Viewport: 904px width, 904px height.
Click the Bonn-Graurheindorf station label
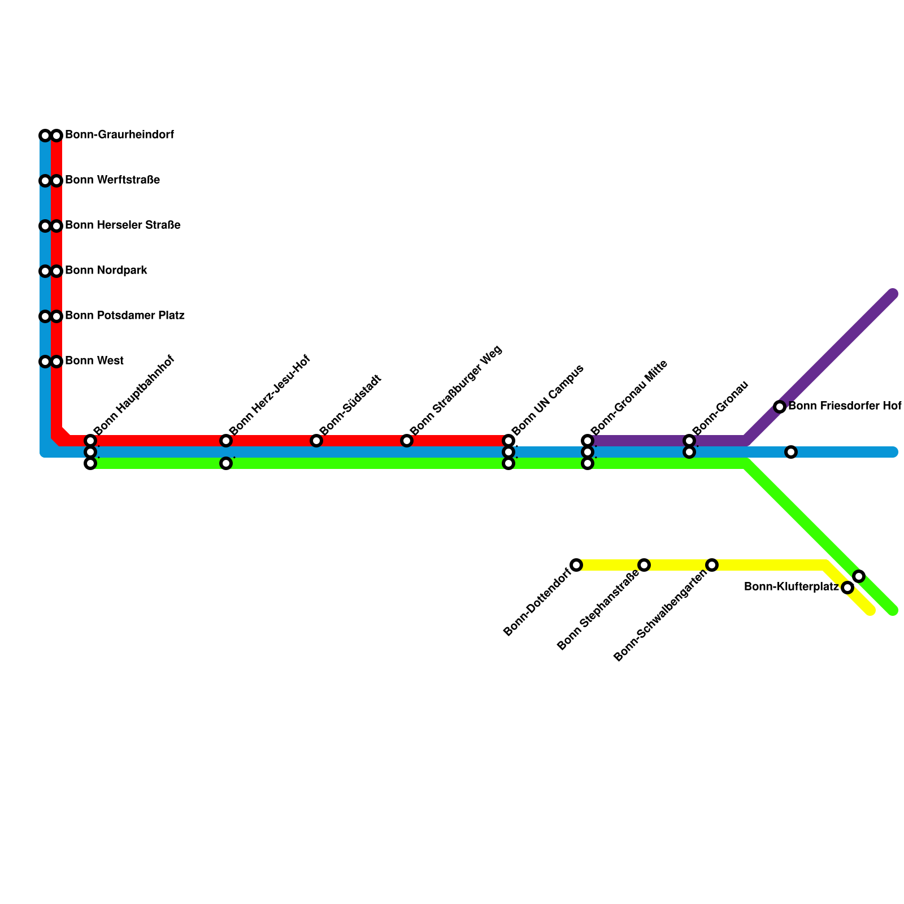[119, 135]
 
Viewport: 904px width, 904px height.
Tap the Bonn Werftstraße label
[112, 180]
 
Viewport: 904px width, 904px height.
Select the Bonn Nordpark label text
[106, 271]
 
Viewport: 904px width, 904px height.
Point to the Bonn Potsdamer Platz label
[125, 315]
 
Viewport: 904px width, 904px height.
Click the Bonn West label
[94, 360]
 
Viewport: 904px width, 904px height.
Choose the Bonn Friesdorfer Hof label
[844, 406]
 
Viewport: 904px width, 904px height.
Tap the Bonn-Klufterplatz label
[791, 587]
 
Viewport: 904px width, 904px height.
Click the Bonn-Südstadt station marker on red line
[316, 441]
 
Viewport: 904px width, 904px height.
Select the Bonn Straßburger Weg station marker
[407, 441]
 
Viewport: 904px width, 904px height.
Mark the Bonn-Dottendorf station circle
[576, 565]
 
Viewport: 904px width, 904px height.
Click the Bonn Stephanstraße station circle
[644, 565]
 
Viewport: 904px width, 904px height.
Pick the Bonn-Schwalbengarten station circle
[712, 565]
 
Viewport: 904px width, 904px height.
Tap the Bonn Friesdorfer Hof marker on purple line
[780, 407]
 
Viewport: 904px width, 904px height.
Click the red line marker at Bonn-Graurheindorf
[56, 136]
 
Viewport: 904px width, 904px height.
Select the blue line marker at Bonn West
[45, 362]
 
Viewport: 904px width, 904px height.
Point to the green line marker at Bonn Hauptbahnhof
[90, 464]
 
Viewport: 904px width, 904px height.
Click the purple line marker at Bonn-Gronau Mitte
[588, 441]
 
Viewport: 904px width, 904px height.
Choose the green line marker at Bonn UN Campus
[508, 464]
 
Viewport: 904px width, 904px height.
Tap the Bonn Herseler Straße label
[123, 225]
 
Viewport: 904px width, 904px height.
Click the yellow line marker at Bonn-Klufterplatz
[847, 588]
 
